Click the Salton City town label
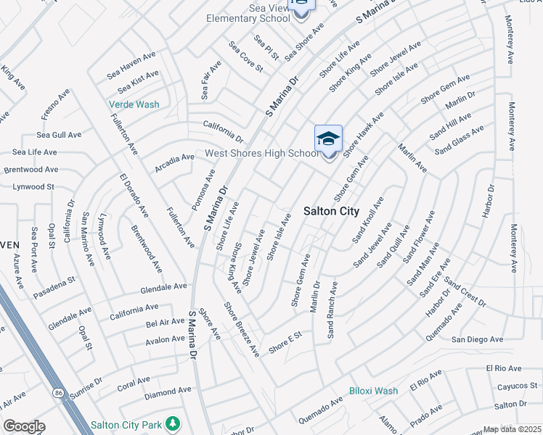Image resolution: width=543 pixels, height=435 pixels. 330,211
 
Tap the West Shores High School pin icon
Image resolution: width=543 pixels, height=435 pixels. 328,139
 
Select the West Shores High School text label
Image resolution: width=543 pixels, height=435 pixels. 261,153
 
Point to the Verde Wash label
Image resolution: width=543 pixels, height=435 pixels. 134,104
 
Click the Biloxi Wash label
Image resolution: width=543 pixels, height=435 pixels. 373,391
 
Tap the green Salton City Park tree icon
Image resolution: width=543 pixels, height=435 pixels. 172,423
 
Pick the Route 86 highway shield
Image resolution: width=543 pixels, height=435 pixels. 57,392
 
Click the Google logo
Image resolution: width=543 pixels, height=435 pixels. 23,426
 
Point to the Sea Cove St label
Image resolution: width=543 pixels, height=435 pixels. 245,57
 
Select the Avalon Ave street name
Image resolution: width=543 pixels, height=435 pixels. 165,339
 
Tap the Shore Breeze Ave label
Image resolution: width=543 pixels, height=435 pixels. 242,329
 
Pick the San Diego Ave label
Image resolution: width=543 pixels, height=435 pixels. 477,339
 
